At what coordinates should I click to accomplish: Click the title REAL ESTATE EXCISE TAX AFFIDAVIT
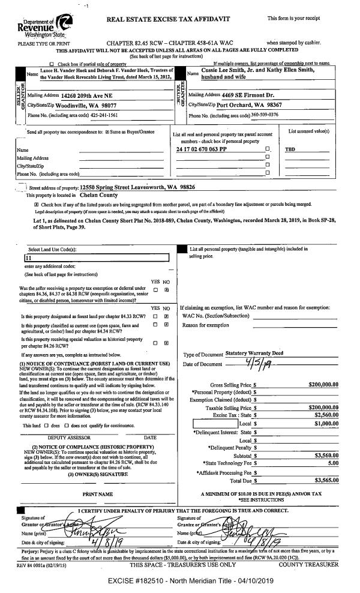point(168,19)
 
